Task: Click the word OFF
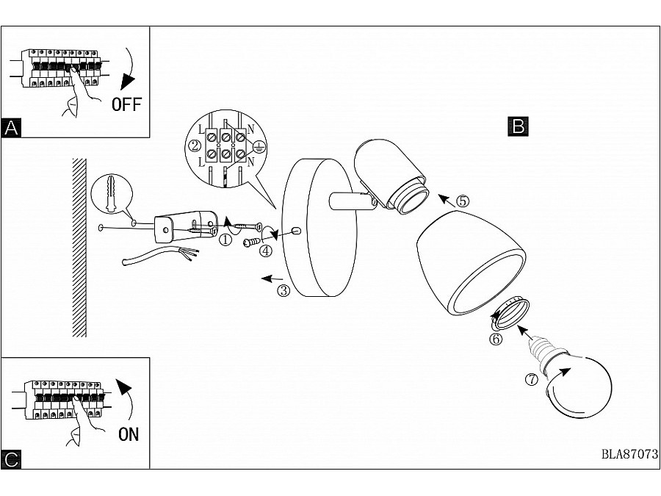click(x=126, y=104)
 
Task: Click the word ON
click(x=128, y=434)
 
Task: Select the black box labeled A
click(x=11, y=128)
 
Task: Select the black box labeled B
click(x=518, y=126)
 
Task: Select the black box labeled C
click(x=11, y=460)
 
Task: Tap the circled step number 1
click(x=226, y=239)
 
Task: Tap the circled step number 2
click(x=195, y=145)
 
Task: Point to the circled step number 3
click(x=284, y=290)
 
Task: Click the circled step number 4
click(x=266, y=251)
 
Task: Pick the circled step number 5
click(x=462, y=200)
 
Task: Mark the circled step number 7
click(x=532, y=380)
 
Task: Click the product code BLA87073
click(x=629, y=453)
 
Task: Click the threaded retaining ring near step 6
click(x=510, y=313)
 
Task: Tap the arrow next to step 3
click(x=273, y=278)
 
